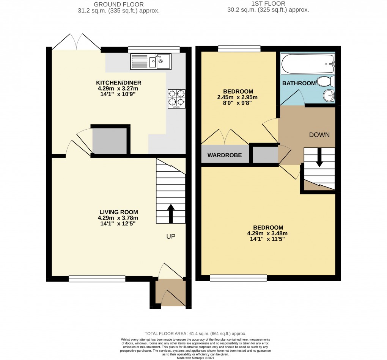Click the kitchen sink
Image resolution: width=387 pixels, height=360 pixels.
click(151, 61)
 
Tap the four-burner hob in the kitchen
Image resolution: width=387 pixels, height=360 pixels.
click(176, 99)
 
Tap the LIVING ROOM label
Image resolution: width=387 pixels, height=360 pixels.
click(119, 212)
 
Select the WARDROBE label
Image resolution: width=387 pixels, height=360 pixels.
click(224, 155)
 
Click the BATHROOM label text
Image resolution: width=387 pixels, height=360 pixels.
click(299, 83)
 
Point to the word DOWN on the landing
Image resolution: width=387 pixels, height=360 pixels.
click(319, 135)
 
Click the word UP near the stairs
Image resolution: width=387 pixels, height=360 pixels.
click(170, 236)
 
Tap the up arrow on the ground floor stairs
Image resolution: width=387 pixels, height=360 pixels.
click(171, 213)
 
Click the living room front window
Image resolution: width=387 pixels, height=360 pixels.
click(97, 279)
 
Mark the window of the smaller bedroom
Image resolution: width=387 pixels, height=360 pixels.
click(239, 49)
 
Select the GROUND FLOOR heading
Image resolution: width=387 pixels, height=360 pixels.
click(119, 4)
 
